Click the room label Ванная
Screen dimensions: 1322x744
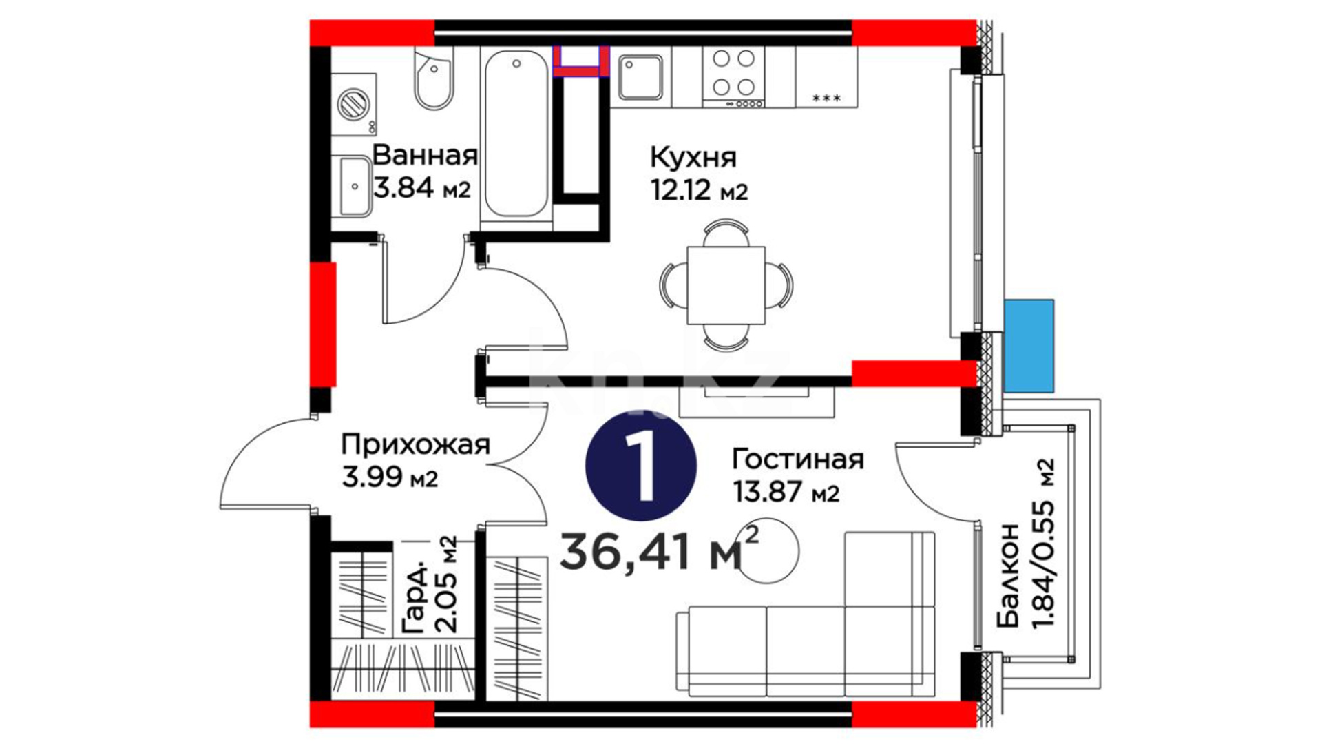(425, 156)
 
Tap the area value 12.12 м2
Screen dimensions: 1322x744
(699, 190)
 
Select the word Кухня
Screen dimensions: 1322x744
(693, 158)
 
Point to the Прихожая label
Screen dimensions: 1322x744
(416, 445)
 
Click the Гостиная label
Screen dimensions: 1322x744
(798, 459)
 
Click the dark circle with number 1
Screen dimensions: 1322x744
(641, 467)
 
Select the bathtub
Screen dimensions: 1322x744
(516, 137)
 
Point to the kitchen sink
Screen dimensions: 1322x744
(640, 77)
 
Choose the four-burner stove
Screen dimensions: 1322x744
(733, 77)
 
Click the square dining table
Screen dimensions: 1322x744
(726, 285)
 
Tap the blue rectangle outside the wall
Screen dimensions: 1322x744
(1029, 346)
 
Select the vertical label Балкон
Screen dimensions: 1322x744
(1007, 576)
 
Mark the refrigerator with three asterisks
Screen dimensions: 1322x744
(826, 77)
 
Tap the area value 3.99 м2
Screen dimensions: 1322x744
(390, 477)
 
